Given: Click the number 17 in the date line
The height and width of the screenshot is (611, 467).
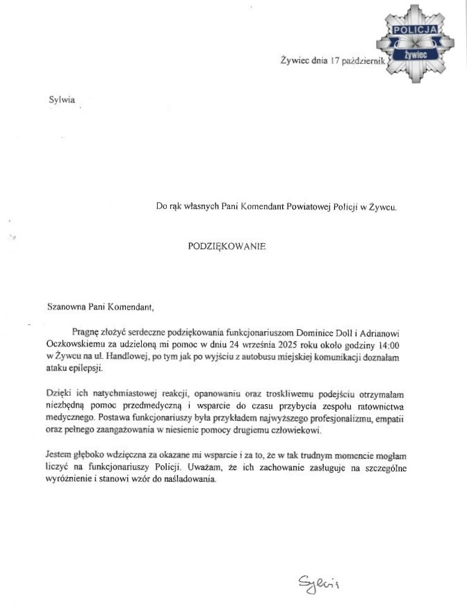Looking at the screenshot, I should pyautogui.click(x=336, y=62).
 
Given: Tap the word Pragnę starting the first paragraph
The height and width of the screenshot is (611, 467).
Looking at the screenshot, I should pyautogui.click(x=85, y=333).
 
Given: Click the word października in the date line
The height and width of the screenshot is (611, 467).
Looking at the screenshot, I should pyautogui.click(x=365, y=62).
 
